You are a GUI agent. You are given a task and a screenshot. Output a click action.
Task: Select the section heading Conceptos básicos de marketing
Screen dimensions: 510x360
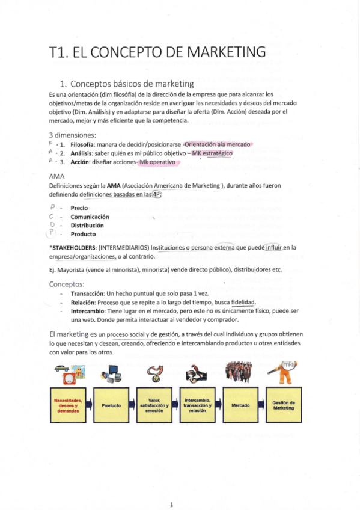pos(132,84)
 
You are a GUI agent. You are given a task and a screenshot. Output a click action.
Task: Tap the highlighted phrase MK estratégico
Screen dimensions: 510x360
pos(210,153)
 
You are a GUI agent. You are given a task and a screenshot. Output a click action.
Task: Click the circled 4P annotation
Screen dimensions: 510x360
pos(160,194)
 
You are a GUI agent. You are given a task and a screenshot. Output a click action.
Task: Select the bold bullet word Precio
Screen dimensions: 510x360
pos(79,208)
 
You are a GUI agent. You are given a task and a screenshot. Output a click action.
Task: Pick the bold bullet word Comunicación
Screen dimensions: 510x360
pos(90,217)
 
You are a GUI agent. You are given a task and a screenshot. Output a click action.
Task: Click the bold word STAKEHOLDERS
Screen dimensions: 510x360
pos(73,247)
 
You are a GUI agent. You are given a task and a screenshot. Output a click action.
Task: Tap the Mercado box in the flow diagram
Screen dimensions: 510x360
pos(240,405)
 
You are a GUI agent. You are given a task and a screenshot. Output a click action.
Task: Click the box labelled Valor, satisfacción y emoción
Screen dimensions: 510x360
pos(154,405)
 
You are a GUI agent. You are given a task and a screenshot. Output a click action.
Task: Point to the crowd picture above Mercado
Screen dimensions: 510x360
pos(239,374)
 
